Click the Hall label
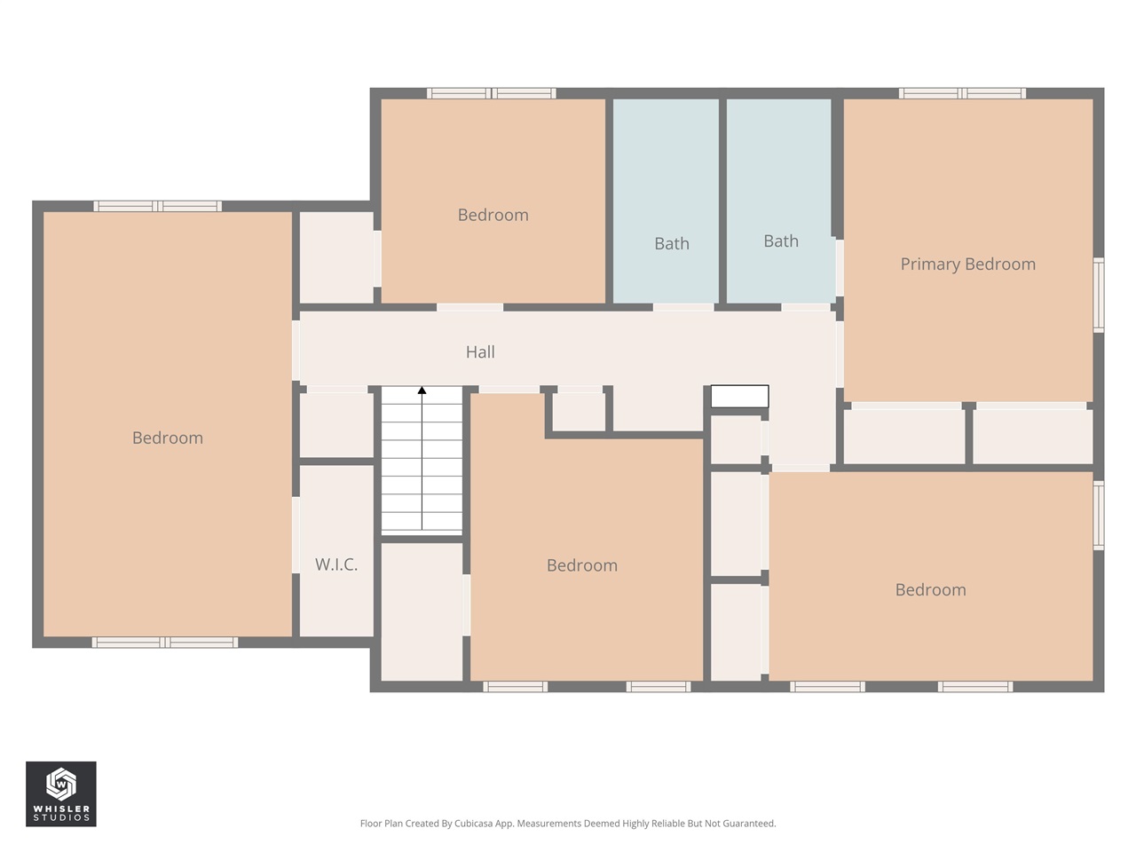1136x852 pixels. tap(480, 352)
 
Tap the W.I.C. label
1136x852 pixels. tap(336, 564)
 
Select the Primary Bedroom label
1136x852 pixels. tap(967, 264)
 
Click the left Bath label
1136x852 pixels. tap(671, 243)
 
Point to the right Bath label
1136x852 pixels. tap(781, 241)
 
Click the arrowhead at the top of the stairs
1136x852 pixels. tap(422, 390)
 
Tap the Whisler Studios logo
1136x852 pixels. tap(60, 793)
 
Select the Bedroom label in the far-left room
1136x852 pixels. tap(168, 438)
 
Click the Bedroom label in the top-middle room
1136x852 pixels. tap(493, 215)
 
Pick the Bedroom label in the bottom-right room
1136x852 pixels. tap(930, 590)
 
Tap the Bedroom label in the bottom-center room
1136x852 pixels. tap(581, 565)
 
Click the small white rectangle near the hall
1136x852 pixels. tap(739, 397)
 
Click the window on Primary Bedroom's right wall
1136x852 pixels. tap(1098, 295)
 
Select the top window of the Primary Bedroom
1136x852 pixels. tap(962, 93)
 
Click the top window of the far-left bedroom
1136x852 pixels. tap(158, 206)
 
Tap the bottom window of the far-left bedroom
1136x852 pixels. tap(165, 643)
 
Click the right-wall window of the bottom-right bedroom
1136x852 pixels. tap(1098, 516)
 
